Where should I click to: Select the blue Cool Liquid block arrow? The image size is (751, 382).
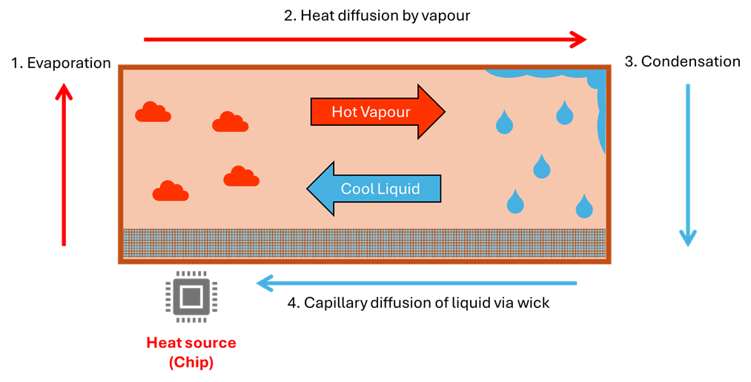pos(374,189)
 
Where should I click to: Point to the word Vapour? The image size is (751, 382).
pos(391,112)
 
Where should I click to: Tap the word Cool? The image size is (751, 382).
pos(357,189)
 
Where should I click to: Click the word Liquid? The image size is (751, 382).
pos(400,189)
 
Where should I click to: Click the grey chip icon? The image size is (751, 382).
pos(191,297)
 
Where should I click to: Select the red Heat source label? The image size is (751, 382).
pos(191,343)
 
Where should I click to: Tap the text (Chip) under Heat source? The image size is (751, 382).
pos(191,363)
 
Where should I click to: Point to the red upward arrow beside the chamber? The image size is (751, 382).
pos(64,164)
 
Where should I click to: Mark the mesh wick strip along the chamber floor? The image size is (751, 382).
pos(363,243)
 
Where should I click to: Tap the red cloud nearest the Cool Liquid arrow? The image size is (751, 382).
pos(241,177)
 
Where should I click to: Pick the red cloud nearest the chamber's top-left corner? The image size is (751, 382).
pos(153,113)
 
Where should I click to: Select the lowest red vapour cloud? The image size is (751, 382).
pos(171,192)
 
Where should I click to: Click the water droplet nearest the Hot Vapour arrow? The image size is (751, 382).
pos(504,123)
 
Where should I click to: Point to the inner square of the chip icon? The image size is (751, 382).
pos(191,297)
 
